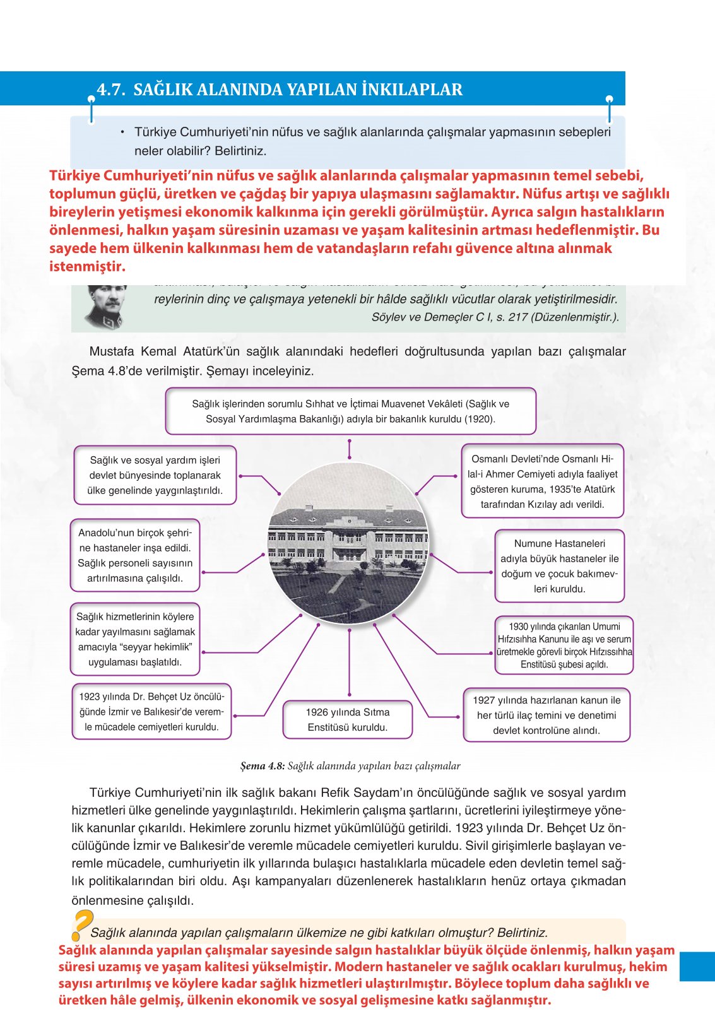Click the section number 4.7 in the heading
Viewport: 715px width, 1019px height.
pos(110,90)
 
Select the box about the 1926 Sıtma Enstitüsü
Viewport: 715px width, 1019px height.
pos(348,720)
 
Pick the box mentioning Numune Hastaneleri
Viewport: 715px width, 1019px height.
pos(559,566)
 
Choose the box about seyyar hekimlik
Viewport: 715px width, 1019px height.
pos(135,639)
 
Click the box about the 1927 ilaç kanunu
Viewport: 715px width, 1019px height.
pos(547,715)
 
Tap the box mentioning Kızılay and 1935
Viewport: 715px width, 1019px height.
pos(542,481)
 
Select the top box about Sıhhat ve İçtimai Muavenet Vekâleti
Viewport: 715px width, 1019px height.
pos(350,411)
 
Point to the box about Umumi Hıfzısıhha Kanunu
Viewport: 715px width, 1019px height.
pos(564,645)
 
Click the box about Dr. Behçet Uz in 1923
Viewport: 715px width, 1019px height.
pos(151,712)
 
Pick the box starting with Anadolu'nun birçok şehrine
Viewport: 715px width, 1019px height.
pos(135,555)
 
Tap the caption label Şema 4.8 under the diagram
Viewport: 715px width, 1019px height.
pos(263,766)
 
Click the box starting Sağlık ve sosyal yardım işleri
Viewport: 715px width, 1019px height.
pos(155,475)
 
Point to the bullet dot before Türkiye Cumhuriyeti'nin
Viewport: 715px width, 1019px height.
pos(122,132)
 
